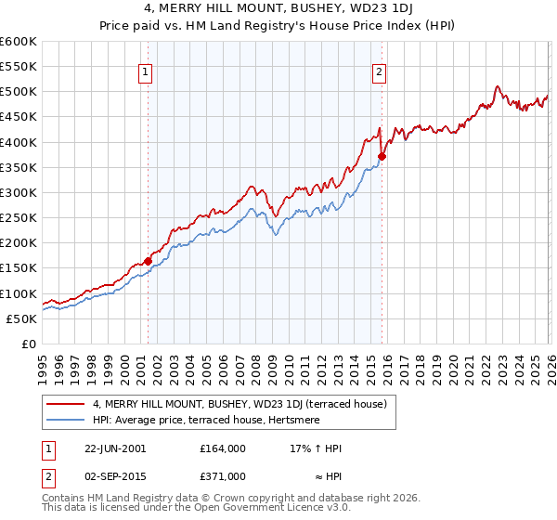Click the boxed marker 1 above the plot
pyautogui.click(x=148, y=73)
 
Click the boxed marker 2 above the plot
pyautogui.click(x=381, y=73)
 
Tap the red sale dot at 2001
pyautogui.click(x=148, y=261)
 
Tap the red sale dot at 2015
pyautogui.click(x=382, y=157)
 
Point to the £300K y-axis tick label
pyautogui.click(x=19, y=193)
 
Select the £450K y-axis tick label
pyautogui.click(x=19, y=117)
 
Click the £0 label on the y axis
pyautogui.click(x=28, y=344)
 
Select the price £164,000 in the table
pyautogui.click(x=223, y=448)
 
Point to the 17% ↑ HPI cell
pyautogui.click(x=316, y=448)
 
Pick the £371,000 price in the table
pyautogui.click(x=223, y=476)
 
